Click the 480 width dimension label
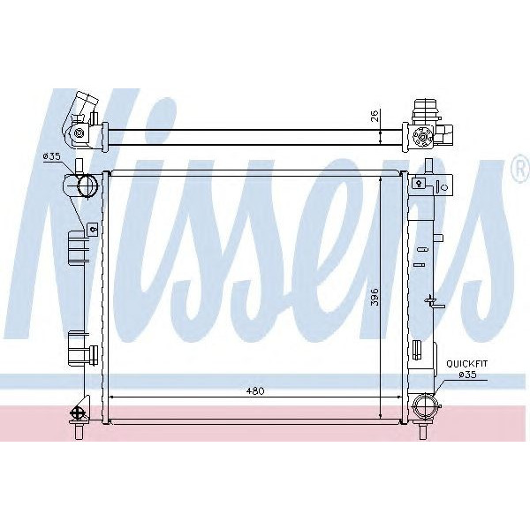255,390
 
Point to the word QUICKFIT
465,363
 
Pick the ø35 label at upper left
51,156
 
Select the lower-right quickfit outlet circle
425,409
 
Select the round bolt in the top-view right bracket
422,136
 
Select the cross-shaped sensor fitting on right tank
432,302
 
